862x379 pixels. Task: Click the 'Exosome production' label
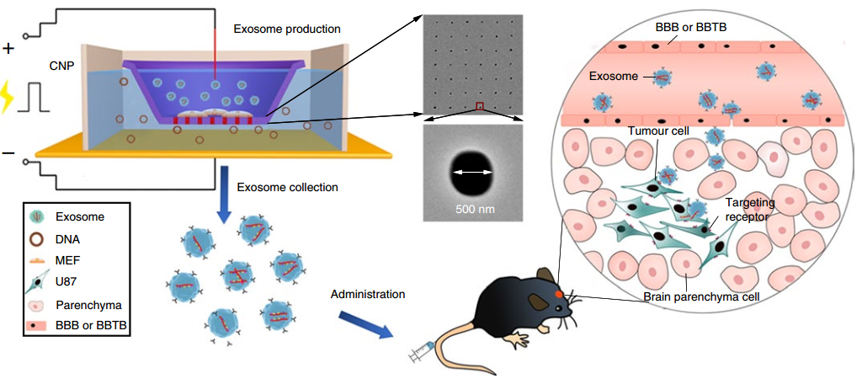288,28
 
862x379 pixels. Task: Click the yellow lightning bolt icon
7,99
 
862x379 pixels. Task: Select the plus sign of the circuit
8,49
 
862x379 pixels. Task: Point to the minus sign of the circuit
8,152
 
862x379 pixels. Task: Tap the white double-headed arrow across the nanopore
472,172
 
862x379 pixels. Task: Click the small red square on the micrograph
480,105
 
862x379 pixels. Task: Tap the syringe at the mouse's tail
423,351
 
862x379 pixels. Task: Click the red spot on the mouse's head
559,294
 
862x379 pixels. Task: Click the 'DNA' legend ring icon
37,238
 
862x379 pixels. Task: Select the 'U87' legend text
66,281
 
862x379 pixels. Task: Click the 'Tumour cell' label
657,131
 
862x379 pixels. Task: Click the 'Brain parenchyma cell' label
701,297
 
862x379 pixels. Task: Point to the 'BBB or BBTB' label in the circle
690,28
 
